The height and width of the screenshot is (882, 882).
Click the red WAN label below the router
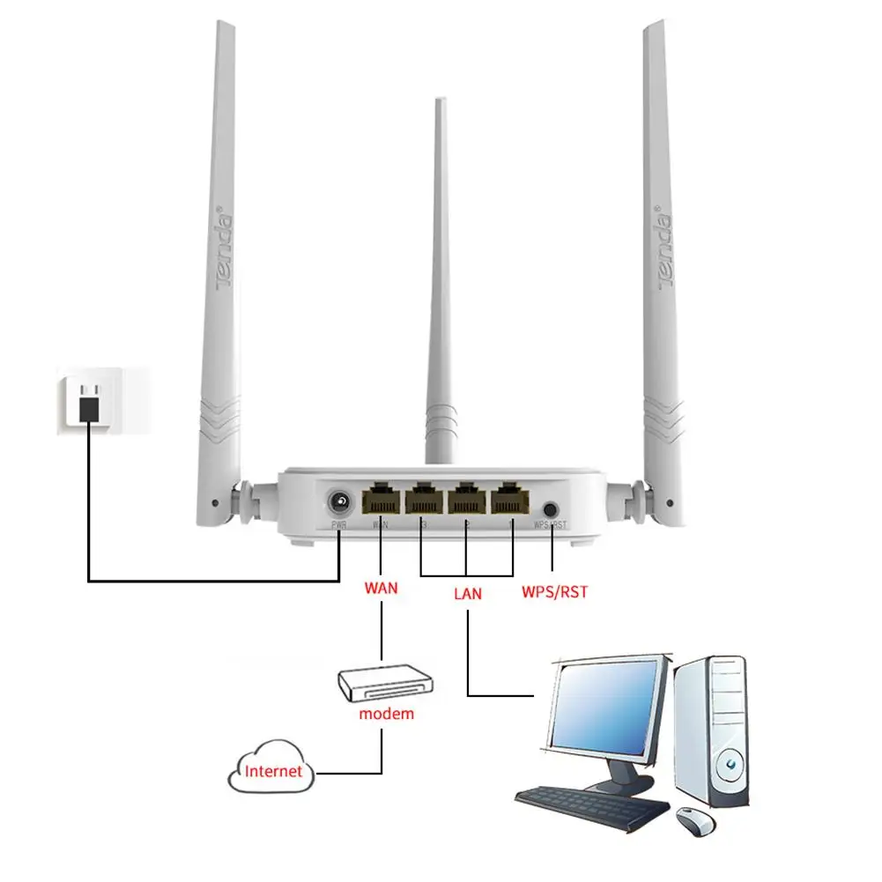(x=381, y=587)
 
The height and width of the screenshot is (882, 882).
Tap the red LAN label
(x=468, y=593)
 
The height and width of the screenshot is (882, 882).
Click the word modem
(x=386, y=713)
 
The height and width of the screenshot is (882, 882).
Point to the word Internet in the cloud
(x=273, y=771)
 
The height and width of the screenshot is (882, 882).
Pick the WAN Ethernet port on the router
(x=381, y=500)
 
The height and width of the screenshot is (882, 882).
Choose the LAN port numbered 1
(x=510, y=500)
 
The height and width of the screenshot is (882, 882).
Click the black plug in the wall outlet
(x=88, y=406)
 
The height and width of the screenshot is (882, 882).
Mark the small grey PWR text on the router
(x=339, y=526)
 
